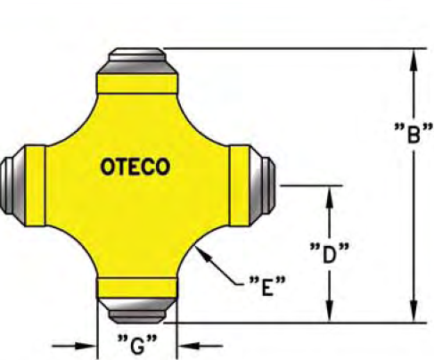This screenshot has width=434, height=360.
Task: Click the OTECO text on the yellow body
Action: tap(135, 167)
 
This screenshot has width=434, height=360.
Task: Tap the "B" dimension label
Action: tap(414, 134)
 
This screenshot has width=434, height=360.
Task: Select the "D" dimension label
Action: tap(329, 253)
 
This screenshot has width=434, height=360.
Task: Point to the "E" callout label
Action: tap(267, 287)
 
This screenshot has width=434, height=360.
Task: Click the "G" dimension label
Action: tap(137, 345)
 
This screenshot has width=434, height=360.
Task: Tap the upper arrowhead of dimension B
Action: tap(414, 60)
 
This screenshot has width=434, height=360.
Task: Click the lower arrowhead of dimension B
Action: tap(414, 311)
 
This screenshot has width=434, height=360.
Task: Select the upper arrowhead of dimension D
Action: tap(329, 197)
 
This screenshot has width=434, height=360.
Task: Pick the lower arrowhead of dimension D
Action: tap(329, 311)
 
